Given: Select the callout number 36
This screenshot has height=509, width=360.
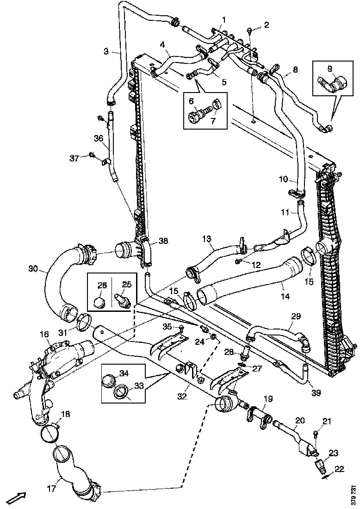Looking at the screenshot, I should click(98, 138).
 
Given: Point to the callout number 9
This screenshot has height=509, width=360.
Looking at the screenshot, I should click(330, 68).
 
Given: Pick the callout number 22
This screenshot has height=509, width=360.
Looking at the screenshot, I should click(339, 469).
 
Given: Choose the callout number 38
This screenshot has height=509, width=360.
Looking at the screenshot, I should click(163, 241).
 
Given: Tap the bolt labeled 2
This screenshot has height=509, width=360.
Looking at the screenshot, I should click(250, 31).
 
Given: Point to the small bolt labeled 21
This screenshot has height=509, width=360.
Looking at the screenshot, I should click(316, 434).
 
